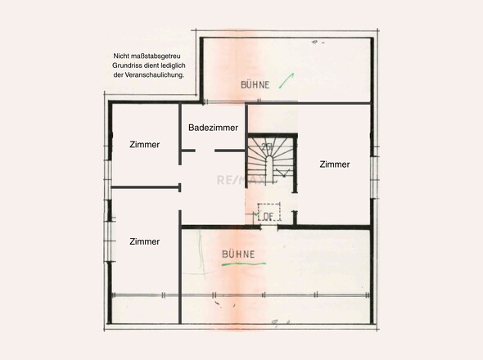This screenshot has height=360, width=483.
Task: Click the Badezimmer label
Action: [213, 128]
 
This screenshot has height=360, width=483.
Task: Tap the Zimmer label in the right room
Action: [335, 164]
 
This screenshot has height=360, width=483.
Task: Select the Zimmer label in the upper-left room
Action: [144, 145]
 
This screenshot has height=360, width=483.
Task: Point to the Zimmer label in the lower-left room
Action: [144, 241]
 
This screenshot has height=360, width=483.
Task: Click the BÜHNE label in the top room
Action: [255, 84]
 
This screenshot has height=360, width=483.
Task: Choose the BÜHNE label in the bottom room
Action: [238, 254]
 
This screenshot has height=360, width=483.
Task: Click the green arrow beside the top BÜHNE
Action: [286, 79]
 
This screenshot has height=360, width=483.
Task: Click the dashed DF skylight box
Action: [269, 215]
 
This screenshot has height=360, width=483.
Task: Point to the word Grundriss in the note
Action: [131, 65]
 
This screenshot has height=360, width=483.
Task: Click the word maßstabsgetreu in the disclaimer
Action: [159, 56]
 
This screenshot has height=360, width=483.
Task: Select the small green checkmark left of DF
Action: [256, 216]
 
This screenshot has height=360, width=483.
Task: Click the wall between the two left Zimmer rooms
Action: [144, 187]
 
